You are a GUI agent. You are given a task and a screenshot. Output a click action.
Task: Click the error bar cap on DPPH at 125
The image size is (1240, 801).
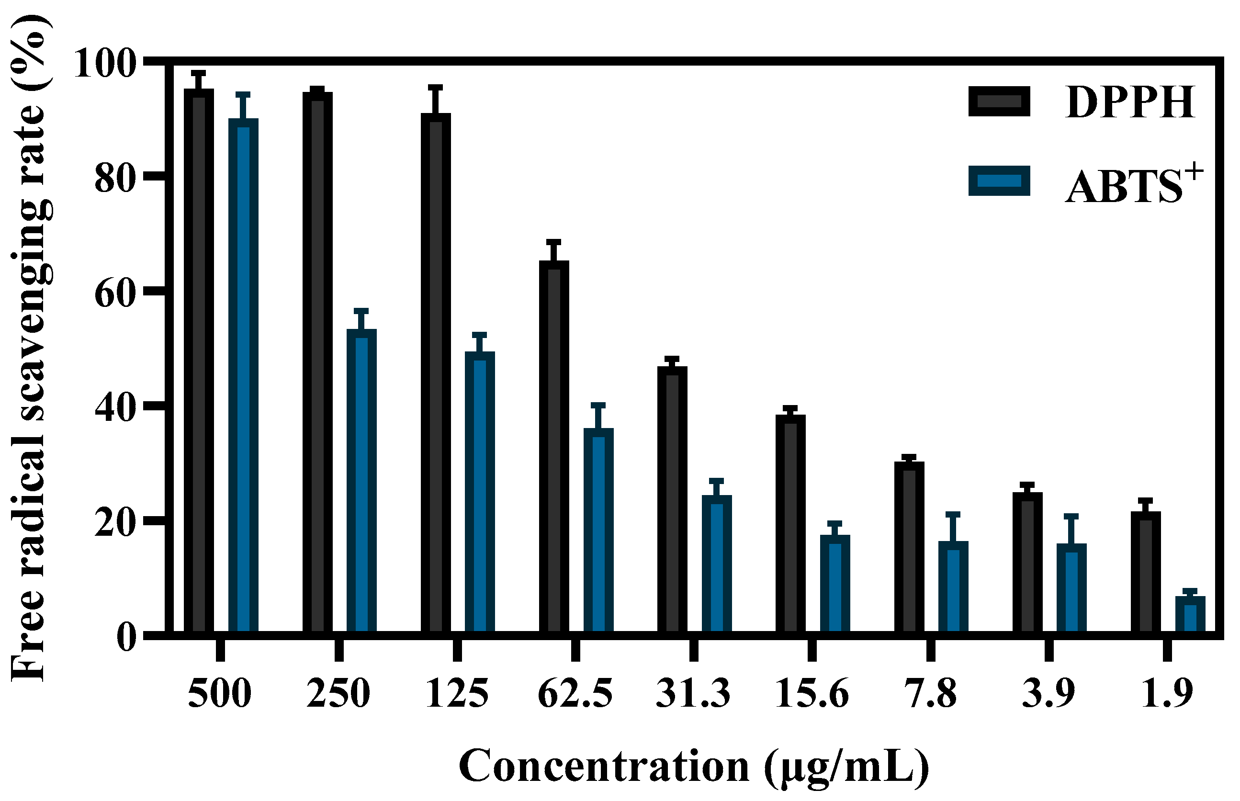436,88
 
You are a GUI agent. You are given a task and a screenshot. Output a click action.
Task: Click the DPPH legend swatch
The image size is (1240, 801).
999,102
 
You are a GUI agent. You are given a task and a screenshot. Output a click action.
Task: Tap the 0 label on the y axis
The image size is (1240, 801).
126,638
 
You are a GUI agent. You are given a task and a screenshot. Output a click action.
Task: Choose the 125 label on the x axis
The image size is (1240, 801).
457,694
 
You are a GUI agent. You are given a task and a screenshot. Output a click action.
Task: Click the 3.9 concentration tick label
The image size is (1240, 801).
1048,694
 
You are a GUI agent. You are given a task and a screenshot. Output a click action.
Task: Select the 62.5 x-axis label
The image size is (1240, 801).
575,694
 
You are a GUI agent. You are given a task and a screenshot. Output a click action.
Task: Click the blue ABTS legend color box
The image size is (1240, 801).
999,181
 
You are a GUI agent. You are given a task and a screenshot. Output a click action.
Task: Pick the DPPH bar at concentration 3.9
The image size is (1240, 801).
1027,564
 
